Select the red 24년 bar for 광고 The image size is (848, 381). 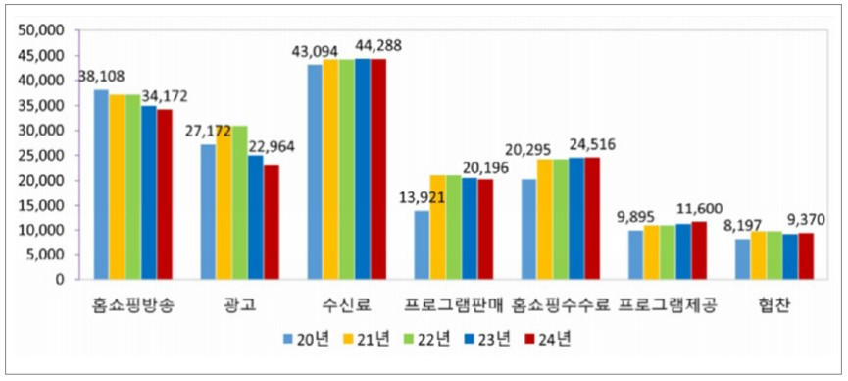[x=271, y=222]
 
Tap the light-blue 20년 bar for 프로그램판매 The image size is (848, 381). [x=422, y=245]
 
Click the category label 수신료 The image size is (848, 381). [x=346, y=305]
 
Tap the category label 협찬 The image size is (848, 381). [x=775, y=305]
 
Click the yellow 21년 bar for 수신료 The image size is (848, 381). [x=331, y=169]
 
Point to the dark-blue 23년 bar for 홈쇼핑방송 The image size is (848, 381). [x=148, y=192]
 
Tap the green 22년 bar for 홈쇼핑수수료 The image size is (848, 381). [x=561, y=219]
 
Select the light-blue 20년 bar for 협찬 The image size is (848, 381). [x=742, y=259]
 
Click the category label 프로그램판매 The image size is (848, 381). [x=453, y=305]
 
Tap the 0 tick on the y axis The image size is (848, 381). [x=60, y=280]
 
